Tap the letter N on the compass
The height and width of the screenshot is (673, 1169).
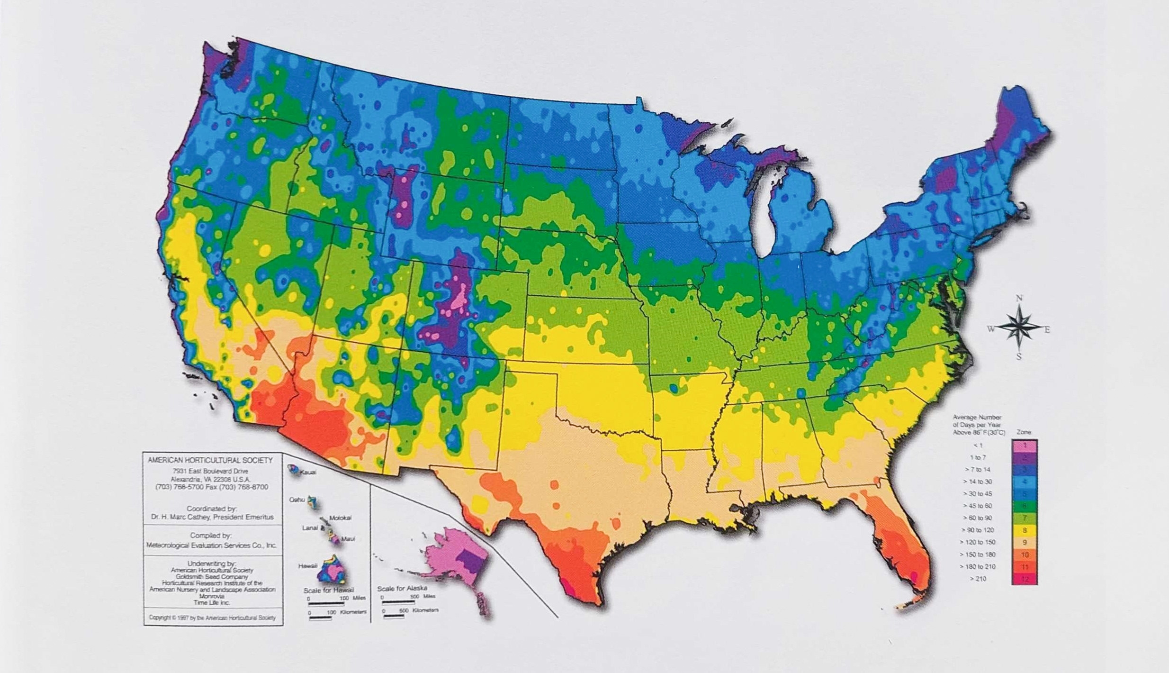(x=1019, y=298)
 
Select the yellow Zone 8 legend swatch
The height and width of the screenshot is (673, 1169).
(x=1025, y=530)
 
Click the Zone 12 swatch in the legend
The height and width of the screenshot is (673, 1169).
(x=1025, y=579)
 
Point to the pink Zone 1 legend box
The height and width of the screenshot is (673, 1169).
(x=1025, y=446)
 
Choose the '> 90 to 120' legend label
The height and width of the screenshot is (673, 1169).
(x=977, y=530)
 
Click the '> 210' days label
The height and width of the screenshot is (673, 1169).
(x=978, y=579)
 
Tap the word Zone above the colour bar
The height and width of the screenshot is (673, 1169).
(x=1024, y=432)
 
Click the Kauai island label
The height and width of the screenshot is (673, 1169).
(x=308, y=473)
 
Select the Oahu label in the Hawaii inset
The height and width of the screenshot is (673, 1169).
(x=297, y=500)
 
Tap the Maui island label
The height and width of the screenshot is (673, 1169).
(x=348, y=539)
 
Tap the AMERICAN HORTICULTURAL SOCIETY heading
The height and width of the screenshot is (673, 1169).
(x=210, y=460)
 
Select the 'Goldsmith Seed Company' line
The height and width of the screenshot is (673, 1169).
(x=212, y=577)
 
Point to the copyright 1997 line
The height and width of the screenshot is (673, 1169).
(x=212, y=618)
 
